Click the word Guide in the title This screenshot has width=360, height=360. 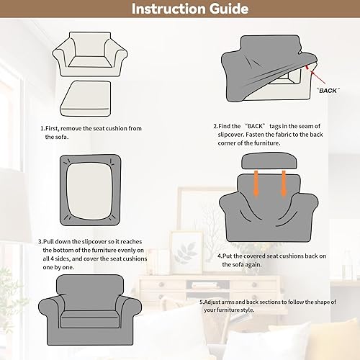(x=224, y=10)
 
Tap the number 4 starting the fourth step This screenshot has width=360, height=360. (x=219, y=256)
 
